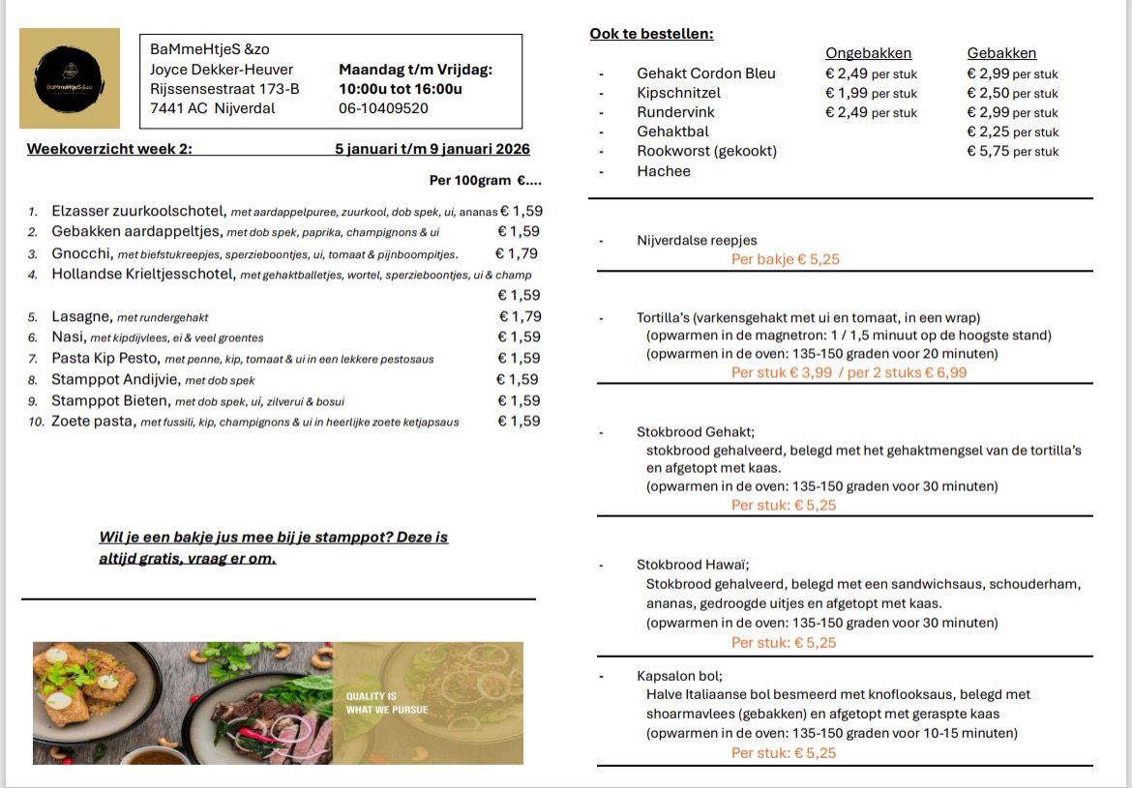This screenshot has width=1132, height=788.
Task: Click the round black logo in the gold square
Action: (x=69, y=78)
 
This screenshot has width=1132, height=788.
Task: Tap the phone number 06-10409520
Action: (x=383, y=108)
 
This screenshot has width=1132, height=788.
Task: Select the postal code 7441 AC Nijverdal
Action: (x=212, y=108)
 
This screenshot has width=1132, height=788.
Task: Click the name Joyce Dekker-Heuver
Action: (x=222, y=70)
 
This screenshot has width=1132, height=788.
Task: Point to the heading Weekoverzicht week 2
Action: (x=110, y=149)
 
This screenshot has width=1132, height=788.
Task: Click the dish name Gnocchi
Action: (x=81, y=253)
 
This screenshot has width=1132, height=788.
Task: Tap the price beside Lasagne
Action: (x=520, y=316)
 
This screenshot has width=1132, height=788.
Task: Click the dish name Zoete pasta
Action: (x=93, y=421)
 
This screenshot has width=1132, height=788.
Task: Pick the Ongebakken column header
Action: (x=868, y=53)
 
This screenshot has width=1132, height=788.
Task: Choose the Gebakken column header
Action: (x=1001, y=53)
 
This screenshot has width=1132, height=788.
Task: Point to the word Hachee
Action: (x=664, y=171)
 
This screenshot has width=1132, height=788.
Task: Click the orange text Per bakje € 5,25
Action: (x=784, y=259)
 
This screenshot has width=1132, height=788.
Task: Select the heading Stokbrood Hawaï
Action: (x=693, y=565)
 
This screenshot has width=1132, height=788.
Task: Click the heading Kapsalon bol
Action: (x=679, y=676)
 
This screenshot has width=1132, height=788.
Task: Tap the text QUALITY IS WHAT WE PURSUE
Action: (x=387, y=703)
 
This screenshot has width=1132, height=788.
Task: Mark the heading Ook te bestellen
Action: (x=651, y=34)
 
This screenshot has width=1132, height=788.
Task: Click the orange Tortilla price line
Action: (x=849, y=372)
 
